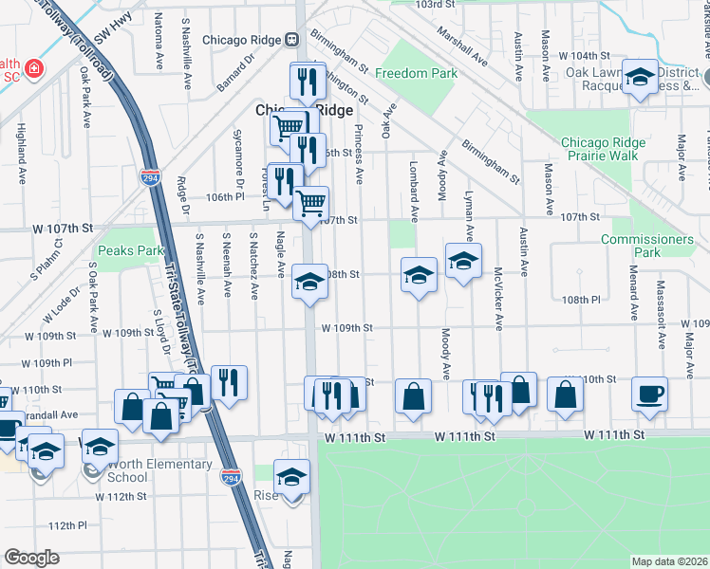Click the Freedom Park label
[x=416, y=73]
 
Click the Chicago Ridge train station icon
[x=292, y=40]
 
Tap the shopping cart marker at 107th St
[x=311, y=202]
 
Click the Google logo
[x=32, y=558]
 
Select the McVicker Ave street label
[x=497, y=297]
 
